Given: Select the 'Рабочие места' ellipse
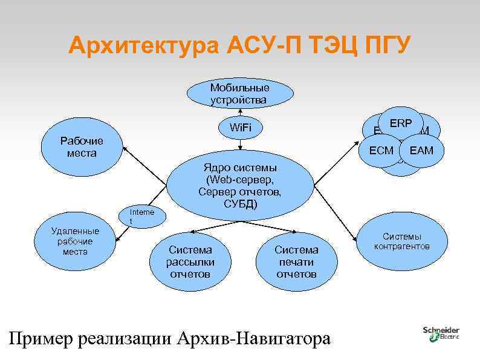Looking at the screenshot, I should tap(82, 146).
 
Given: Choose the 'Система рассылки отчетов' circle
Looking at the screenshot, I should tap(190, 261).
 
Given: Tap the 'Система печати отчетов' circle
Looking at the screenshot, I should tap(296, 261).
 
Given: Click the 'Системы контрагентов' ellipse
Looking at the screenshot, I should tap(401, 241).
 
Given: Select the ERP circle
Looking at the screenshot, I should tap(400, 123).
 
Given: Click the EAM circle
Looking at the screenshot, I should tap(421, 150).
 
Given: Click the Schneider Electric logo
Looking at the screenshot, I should tap(441, 333).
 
